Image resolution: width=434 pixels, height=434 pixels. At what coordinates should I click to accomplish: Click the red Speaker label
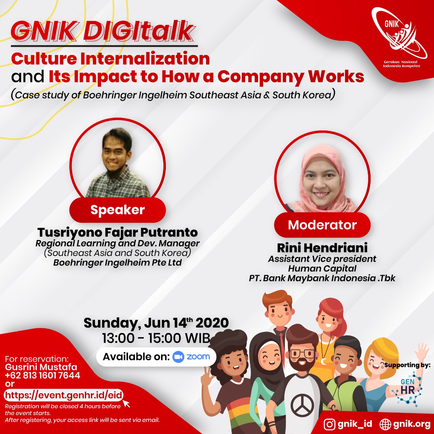(x=118, y=210)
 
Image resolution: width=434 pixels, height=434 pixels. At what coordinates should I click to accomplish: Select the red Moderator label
(x=322, y=225)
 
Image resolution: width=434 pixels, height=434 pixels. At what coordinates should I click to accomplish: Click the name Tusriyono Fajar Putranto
(x=118, y=233)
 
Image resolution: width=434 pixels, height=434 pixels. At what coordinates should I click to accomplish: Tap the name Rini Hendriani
(x=322, y=248)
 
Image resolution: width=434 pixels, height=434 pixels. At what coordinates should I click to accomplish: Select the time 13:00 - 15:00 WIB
(x=156, y=338)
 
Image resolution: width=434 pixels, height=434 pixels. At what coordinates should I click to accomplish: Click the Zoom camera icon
(x=178, y=357)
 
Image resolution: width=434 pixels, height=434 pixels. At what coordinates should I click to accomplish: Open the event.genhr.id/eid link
(x=63, y=395)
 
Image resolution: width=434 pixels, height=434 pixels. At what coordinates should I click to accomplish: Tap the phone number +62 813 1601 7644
(x=43, y=375)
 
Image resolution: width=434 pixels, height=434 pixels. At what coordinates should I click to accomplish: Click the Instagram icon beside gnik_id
(x=330, y=424)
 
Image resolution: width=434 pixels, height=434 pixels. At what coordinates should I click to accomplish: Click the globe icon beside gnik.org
(x=385, y=424)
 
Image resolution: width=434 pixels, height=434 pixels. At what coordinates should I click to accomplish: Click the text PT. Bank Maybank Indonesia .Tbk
(x=322, y=278)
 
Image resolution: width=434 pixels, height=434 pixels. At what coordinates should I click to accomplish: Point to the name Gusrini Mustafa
(x=41, y=367)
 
